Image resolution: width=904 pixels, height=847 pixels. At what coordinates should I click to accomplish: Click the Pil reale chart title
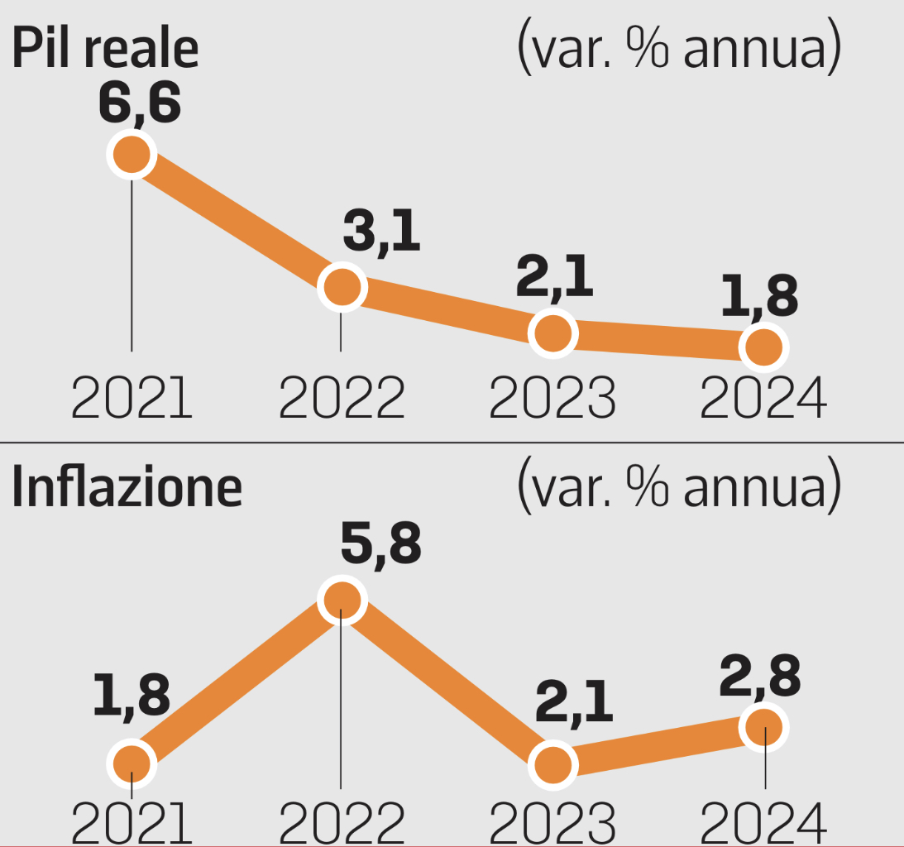[x=105, y=49]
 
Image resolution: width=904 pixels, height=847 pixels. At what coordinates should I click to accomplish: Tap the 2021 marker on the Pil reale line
[x=132, y=154]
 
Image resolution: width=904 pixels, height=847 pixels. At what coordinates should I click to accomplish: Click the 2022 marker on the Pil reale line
[x=342, y=287]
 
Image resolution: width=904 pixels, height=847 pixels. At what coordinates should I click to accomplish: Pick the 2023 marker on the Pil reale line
[x=552, y=333]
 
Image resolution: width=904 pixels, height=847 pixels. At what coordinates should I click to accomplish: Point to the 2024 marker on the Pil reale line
[x=763, y=347]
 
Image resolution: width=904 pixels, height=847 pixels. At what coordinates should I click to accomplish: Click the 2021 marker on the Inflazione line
[x=132, y=764]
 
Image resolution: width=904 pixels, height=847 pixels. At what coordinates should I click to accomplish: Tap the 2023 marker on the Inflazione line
[x=552, y=765]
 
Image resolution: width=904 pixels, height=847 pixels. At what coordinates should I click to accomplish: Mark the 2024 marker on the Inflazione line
[x=765, y=727]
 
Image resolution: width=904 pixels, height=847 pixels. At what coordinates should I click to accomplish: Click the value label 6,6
[x=139, y=104]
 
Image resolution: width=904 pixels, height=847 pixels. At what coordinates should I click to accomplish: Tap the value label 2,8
[x=761, y=677]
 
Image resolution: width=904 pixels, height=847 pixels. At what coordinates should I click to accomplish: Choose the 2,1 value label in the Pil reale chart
[x=554, y=279]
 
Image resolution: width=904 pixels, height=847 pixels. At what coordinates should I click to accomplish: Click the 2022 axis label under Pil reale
[x=342, y=398]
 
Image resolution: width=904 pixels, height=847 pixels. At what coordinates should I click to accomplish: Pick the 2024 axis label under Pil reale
[x=763, y=398]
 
